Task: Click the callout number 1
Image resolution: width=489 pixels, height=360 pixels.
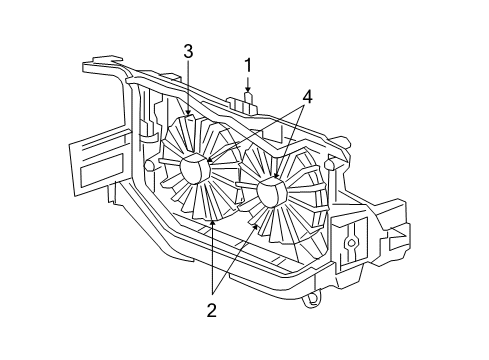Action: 248,66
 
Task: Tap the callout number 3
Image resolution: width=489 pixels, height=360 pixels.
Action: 187,51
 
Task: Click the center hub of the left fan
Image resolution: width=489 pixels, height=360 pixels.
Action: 194,169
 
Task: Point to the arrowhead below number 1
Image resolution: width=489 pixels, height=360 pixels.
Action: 248,94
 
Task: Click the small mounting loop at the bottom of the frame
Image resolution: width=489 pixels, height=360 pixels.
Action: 316,297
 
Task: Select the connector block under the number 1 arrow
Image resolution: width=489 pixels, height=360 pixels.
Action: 245,103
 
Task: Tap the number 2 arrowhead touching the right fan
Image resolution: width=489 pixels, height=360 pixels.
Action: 255,227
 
